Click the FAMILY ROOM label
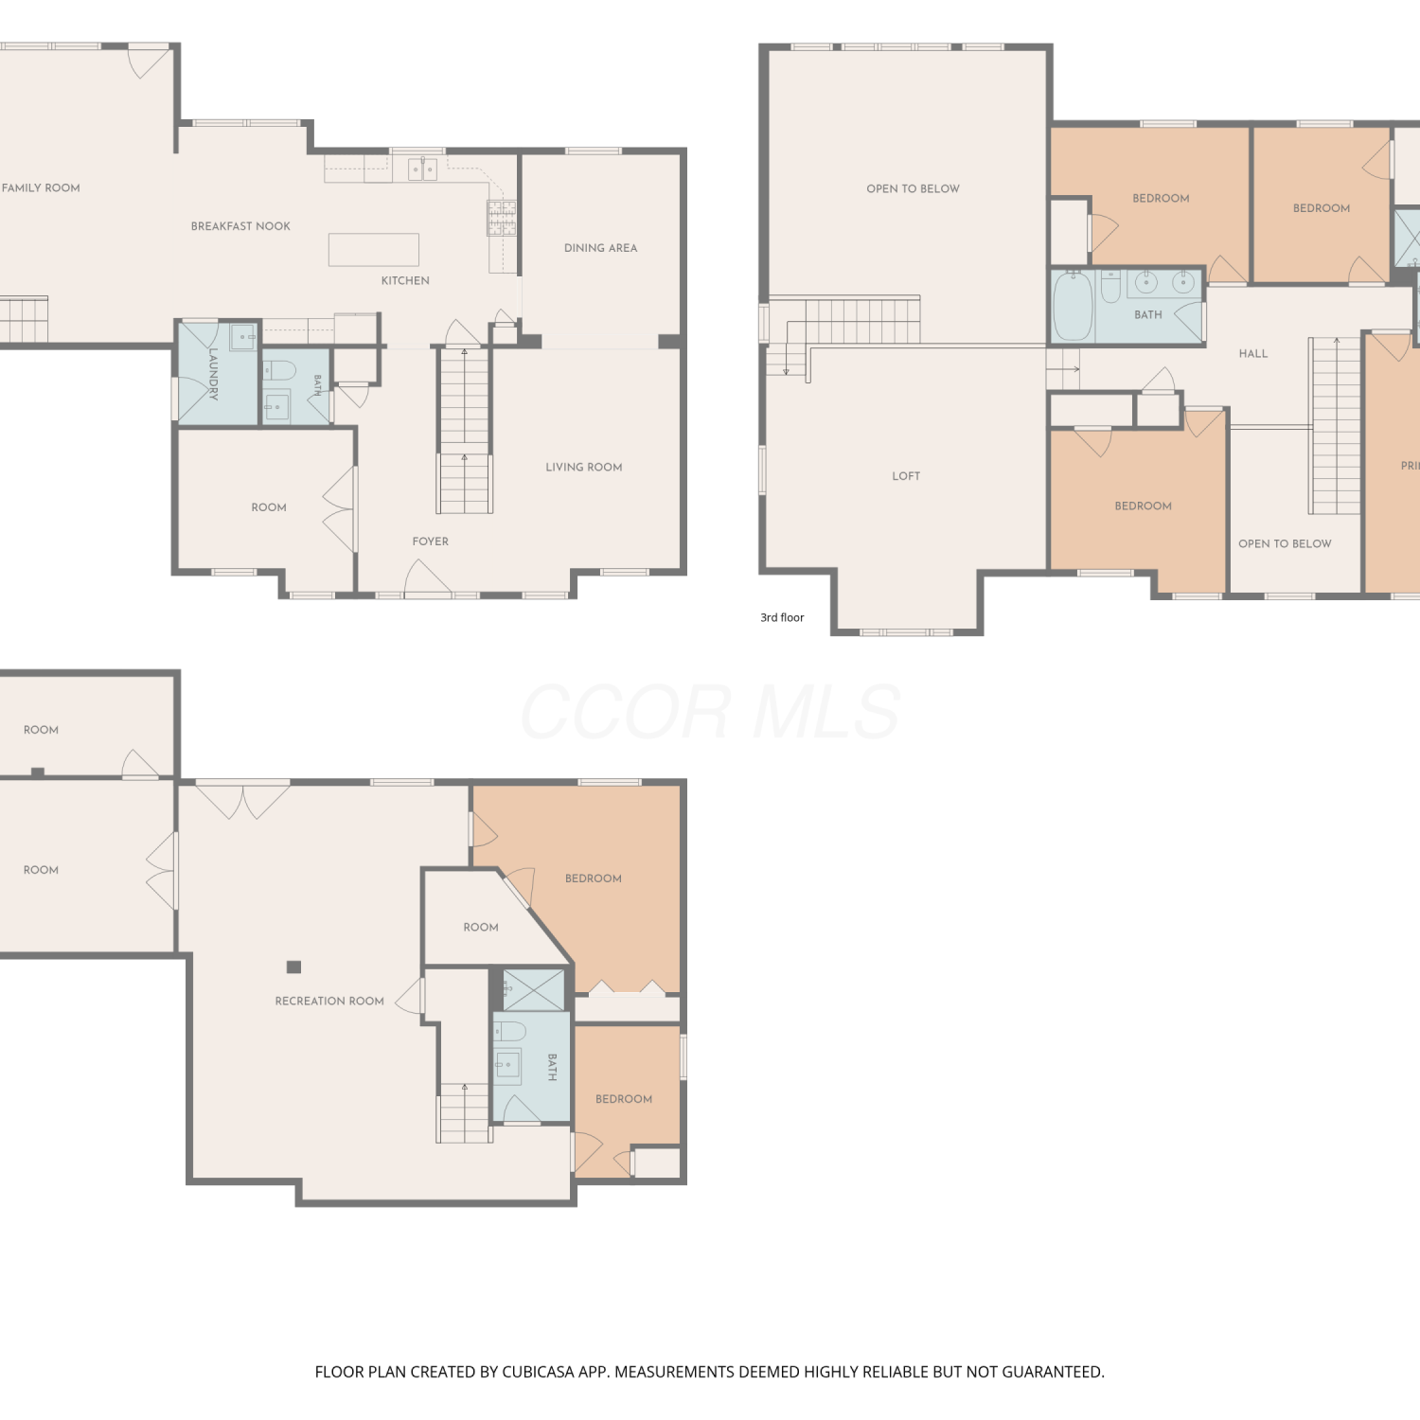coord(41,187)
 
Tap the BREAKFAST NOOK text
coord(240,226)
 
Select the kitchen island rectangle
coord(374,250)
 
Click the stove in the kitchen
coord(502,218)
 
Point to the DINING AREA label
coord(600,248)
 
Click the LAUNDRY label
coord(213,374)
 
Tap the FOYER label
coord(430,541)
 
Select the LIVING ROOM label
coord(583,467)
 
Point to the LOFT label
coord(906,476)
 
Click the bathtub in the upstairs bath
coord(1074,306)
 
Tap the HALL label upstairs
coord(1252,354)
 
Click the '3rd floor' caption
coord(782,617)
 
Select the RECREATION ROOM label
coord(329,1001)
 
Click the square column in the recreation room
coord(293,967)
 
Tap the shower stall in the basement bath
coord(533,989)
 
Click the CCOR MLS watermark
coord(710,712)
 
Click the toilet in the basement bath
coord(509,1030)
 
